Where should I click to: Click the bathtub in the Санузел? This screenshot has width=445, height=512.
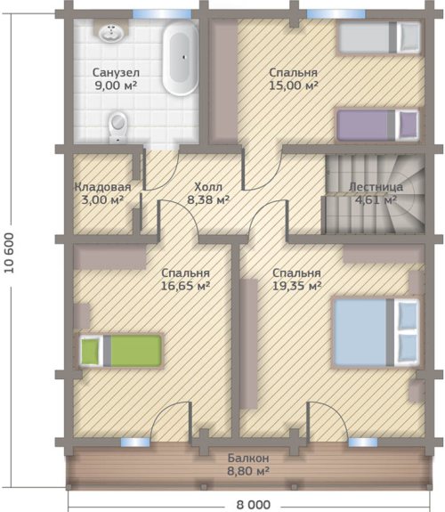181,58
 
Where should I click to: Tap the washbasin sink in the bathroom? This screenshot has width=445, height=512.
111,32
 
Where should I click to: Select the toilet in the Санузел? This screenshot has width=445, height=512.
117,127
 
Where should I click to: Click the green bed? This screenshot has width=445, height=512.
121,351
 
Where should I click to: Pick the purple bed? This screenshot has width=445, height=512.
377,126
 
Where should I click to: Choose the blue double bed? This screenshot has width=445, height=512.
376,333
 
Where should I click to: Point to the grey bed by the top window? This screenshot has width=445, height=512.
379,37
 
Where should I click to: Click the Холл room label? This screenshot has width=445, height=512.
208,187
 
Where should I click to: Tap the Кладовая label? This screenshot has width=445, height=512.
103,187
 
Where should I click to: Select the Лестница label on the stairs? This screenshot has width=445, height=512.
376,187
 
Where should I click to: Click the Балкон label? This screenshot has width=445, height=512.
248,458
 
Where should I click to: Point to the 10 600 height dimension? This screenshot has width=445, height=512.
10,253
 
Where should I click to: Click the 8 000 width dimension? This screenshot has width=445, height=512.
254,505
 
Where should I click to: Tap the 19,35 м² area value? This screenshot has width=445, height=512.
296,286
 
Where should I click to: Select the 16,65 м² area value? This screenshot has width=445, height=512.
185,286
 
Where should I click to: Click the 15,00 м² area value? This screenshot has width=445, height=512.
294,85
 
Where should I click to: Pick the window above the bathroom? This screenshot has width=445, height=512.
162,14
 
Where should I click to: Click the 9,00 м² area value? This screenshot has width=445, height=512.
116,85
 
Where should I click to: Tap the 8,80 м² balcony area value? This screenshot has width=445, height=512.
248,471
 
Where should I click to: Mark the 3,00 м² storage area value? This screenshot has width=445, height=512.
102,199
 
